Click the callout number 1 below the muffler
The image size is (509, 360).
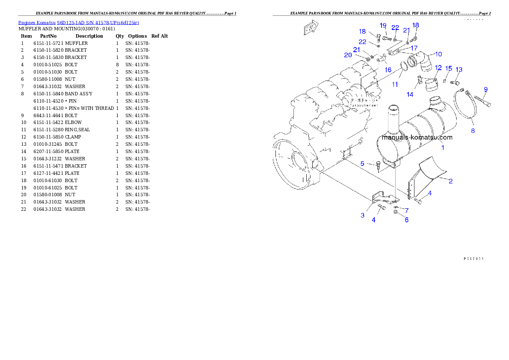(x=443, y=148)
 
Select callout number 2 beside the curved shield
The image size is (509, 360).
(x=450, y=181)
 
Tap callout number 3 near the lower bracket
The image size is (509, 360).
(x=363, y=215)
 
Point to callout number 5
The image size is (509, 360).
(x=362, y=163)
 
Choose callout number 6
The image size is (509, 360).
(x=406, y=220)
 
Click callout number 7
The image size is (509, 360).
(x=406, y=210)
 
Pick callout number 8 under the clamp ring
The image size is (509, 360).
(x=473, y=131)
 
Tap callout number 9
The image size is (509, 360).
(x=485, y=89)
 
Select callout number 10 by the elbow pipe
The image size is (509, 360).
(x=438, y=54)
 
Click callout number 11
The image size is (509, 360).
(x=395, y=85)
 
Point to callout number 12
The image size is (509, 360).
(x=438, y=68)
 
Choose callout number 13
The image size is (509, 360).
(x=459, y=69)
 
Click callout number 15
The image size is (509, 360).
(x=448, y=68)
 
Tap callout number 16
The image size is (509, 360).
(x=388, y=70)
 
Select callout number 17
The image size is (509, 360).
(x=414, y=48)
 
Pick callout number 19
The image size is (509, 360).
(x=383, y=26)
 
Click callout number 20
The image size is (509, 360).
(x=348, y=55)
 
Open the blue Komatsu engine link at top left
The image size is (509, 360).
(x=78, y=22)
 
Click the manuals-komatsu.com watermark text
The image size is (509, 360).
(x=417, y=137)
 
